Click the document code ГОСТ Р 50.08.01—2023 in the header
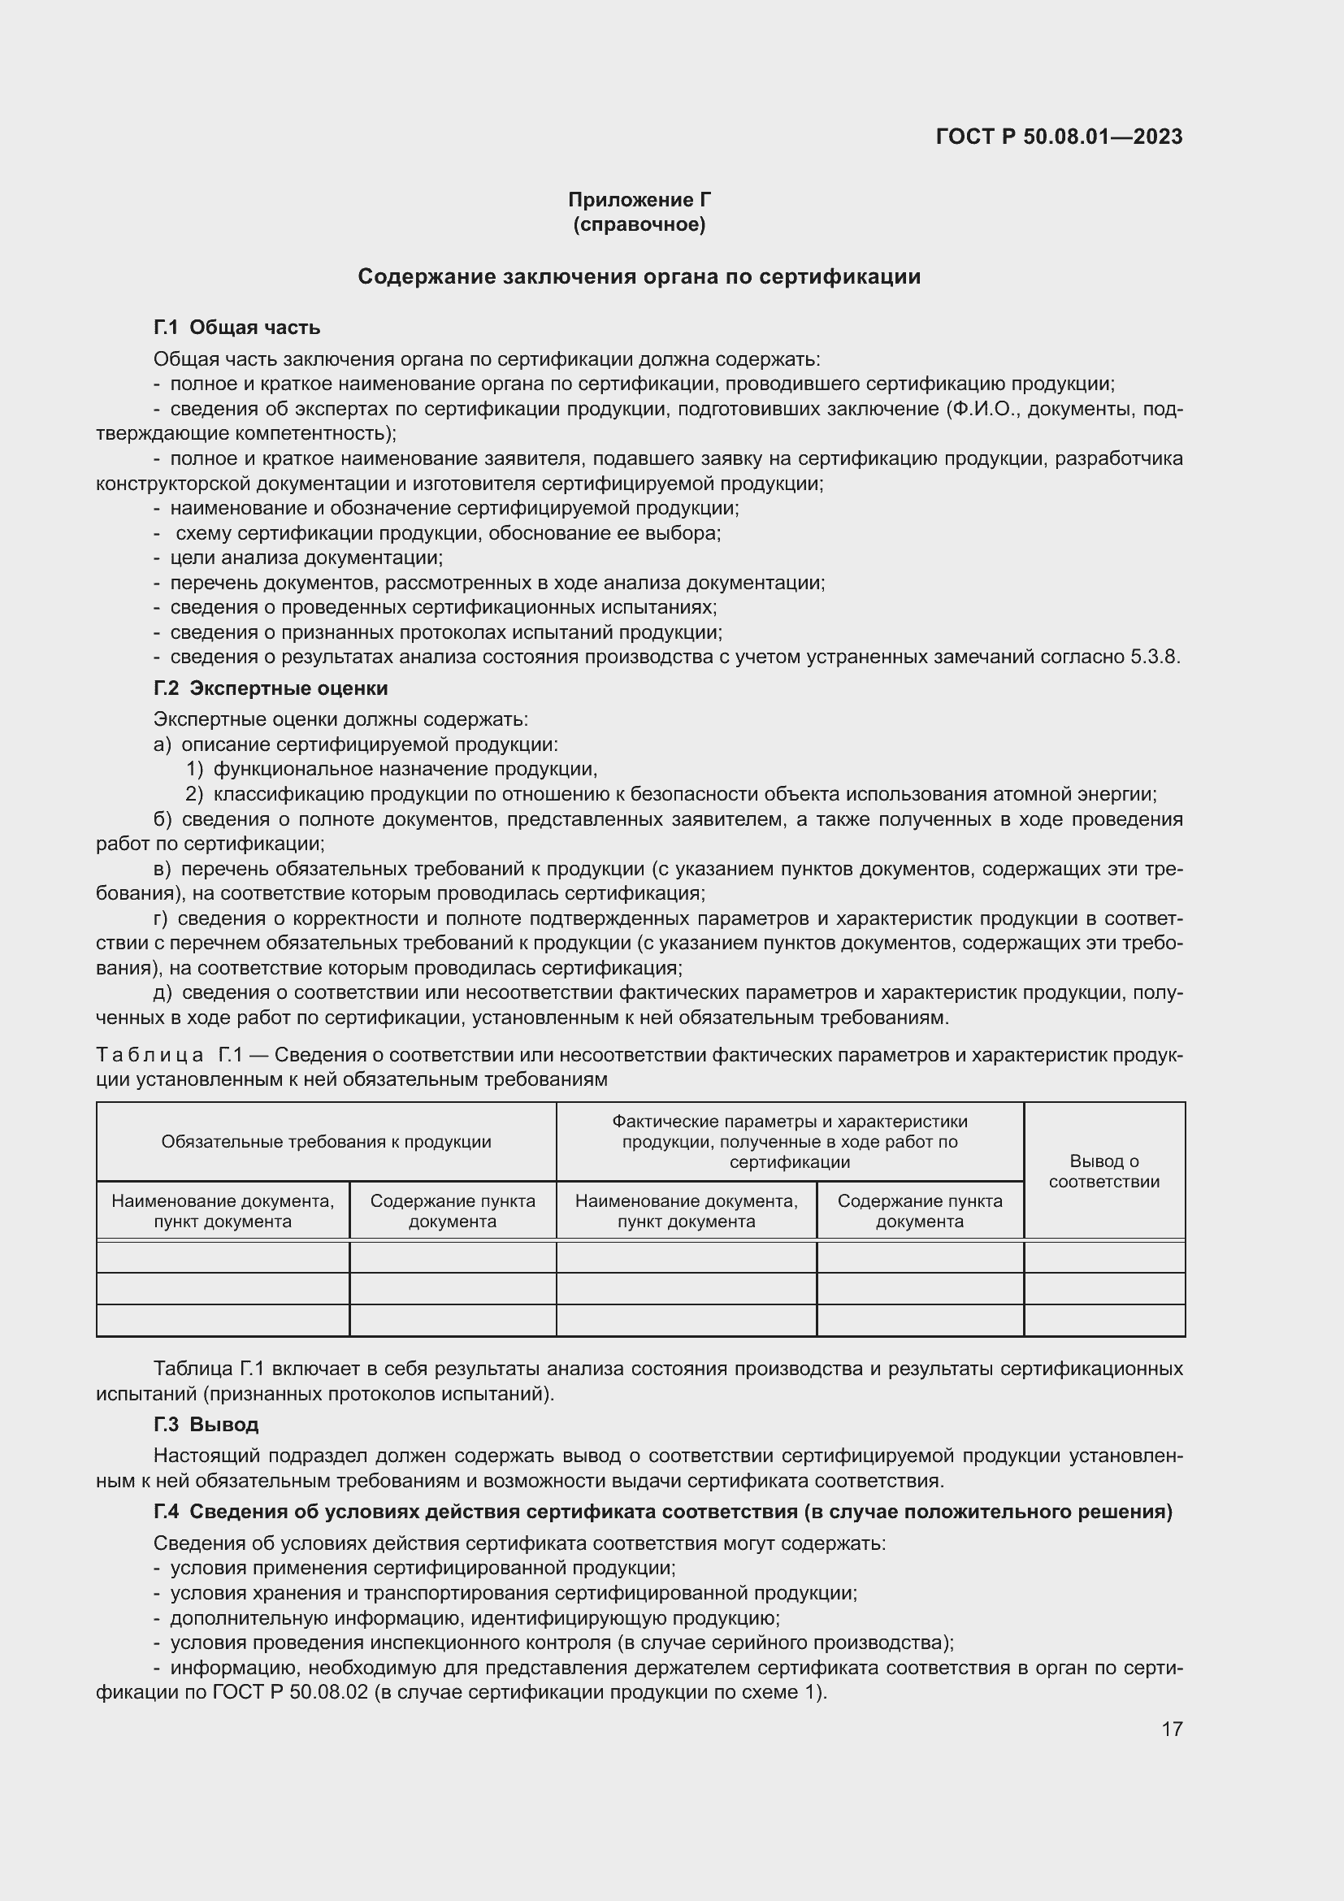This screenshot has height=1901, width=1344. click(1059, 137)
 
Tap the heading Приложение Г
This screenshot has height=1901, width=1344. click(639, 200)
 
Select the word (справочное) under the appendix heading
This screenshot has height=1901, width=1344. click(639, 224)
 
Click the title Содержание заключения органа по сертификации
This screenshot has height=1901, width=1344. click(639, 276)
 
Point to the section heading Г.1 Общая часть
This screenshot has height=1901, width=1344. click(236, 328)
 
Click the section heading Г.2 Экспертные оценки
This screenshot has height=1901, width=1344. click(271, 689)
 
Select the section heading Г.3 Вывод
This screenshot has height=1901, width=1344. click(206, 1425)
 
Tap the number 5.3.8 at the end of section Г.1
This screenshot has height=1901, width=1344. click(1154, 658)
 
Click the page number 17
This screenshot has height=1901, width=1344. click(1172, 1730)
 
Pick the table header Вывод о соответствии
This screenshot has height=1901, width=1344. click(1104, 1172)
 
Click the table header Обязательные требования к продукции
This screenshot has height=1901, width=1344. click(326, 1143)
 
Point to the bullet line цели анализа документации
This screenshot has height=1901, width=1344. click(306, 558)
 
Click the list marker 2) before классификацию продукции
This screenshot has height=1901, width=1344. click(193, 795)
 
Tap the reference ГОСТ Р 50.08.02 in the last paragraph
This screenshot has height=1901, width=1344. click(289, 1693)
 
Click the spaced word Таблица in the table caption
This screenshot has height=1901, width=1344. click(150, 1056)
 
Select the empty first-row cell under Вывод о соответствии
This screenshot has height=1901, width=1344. click(1104, 1257)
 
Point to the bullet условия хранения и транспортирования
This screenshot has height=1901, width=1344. click(513, 1594)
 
